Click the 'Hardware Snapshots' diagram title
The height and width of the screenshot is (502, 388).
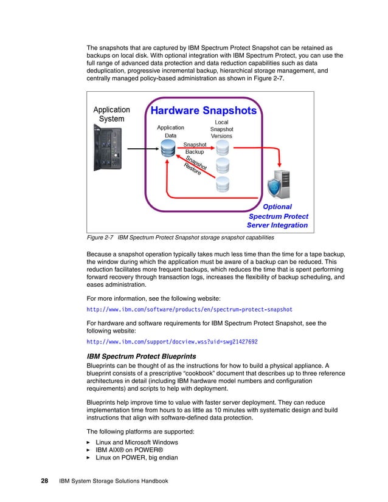[203, 111]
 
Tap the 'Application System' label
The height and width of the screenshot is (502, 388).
[111, 115]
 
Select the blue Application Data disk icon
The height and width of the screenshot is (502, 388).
[168, 149]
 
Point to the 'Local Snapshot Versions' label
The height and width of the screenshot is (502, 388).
[221, 129]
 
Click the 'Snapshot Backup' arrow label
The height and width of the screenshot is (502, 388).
[195, 148]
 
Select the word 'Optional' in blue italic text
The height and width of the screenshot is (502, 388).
[277, 207]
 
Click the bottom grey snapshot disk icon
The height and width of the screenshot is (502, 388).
[221, 184]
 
